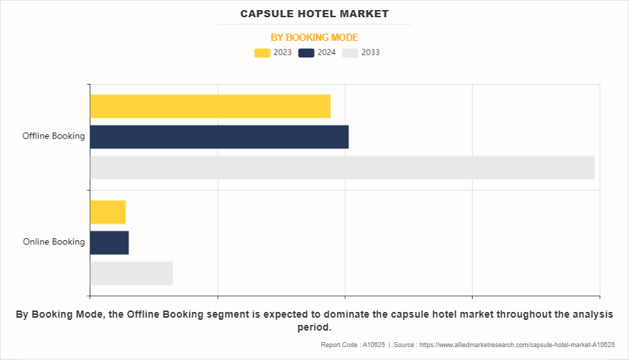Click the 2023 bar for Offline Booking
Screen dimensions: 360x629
(x=210, y=106)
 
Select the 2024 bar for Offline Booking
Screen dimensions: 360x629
(x=219, y=137)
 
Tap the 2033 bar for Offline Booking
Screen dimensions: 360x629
(x=342, y=167)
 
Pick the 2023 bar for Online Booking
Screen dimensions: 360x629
(x=108, y=212)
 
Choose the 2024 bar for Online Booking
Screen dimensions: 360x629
(x=109, y=242)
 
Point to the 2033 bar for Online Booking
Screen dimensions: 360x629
(x=131, y=273)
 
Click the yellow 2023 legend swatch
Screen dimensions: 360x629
(x=262, y=52)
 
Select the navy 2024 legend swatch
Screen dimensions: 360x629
(x=306, y=52)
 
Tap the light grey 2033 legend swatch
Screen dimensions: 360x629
(x=350, y=52)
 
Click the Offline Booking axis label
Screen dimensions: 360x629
(x=53, y=136)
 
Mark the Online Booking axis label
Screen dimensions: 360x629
(x=54, y=242)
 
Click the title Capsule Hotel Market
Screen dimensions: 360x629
(x=314, y=14)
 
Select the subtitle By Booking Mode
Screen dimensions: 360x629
(x=314, y=37)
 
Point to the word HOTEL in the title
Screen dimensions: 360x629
(x=308, y=14)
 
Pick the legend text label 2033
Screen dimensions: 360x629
(x=370, y=52)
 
